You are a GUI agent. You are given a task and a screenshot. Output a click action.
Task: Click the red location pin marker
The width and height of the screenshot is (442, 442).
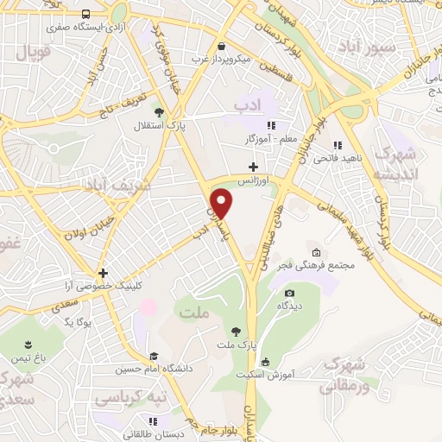[223, 203]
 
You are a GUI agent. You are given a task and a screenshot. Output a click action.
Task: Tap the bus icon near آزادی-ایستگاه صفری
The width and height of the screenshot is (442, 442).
[85, 15]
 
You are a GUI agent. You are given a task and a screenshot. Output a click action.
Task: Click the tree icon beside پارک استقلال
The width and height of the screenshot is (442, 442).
[158, 111]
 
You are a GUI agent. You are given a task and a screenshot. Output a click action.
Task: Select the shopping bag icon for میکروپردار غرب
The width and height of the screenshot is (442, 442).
[223, 47]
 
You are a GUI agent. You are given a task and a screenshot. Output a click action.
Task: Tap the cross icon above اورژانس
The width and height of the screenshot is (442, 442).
[252, 167]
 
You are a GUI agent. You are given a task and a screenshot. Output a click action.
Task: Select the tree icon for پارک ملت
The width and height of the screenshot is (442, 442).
[235, 331]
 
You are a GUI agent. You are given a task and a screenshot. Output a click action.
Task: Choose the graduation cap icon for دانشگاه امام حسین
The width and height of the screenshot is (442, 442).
[154, 357]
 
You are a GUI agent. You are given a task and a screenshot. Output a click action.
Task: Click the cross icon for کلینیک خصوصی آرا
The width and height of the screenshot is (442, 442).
[102, 273]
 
